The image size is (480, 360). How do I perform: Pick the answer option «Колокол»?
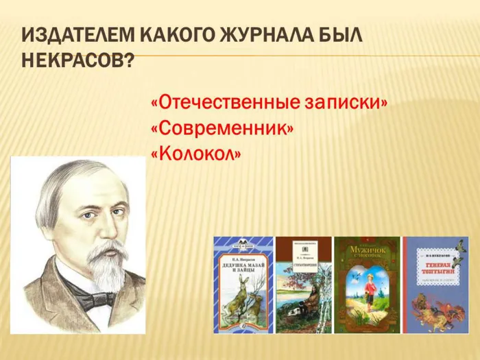tap(195, 154)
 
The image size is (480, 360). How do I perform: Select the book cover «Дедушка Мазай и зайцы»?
tap(243, 285)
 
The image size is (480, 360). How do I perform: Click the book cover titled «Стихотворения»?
tap(303, 285)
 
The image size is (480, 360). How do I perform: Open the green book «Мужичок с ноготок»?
tap(367, 285)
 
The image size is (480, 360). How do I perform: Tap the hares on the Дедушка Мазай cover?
tap(243, 302)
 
